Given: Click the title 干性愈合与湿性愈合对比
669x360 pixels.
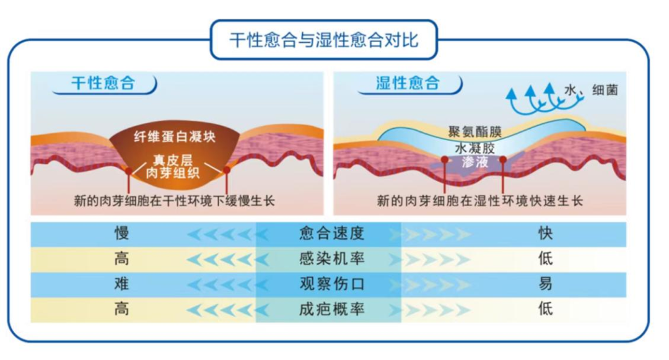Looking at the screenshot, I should [323, 40].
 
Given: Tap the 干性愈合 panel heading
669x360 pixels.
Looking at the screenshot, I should [103, 84].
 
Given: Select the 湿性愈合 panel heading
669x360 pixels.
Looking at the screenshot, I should [408, 84].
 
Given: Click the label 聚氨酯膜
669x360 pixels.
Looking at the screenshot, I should [474, 133].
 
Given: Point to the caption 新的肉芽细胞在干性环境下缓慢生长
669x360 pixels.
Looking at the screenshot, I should [175, 201].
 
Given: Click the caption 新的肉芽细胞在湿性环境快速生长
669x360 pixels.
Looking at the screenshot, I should [480, 201].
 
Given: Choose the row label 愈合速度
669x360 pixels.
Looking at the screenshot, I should [331, 234].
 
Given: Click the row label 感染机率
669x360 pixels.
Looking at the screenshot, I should [331, 258].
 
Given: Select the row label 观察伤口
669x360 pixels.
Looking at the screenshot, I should [331, 284].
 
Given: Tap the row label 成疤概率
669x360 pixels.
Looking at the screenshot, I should [331, 309].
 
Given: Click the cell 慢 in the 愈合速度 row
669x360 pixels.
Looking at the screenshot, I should [121, 234].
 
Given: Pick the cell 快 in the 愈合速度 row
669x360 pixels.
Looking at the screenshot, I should [545, 234].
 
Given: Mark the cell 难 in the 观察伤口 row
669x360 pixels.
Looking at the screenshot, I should [121, 284].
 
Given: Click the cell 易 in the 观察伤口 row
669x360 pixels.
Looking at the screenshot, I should [545, 284].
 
